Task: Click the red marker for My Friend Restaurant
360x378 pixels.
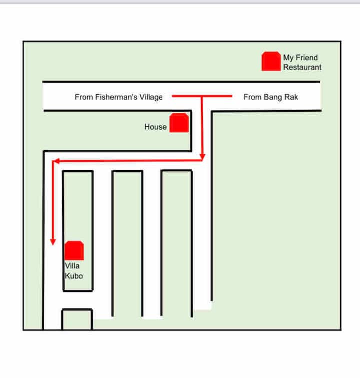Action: pos(271,62)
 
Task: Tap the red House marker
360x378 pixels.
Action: pos(179,123)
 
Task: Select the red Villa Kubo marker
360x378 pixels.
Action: pos(74,250)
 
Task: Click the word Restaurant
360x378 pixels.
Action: pos(302,67)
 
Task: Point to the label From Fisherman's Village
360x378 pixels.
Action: pos(118,97)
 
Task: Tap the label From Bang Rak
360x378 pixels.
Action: pos(270,97)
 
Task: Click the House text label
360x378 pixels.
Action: pos(155,127)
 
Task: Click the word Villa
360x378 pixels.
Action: pos(72,266)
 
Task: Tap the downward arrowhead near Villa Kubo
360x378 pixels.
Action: pos(52,243)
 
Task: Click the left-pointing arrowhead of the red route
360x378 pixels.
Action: pos(56,161)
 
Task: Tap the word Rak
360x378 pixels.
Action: pos(291,97)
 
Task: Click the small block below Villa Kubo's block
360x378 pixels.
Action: pos(77,319)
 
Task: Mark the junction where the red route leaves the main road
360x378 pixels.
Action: pos(202,96)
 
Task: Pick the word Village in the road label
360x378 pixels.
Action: pos(149,97)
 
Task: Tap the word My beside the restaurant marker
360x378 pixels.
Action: pos(288,58)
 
